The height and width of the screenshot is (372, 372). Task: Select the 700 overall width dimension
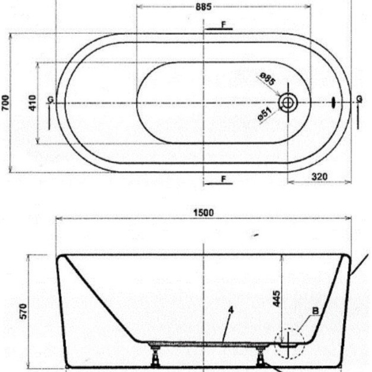pos(5,102)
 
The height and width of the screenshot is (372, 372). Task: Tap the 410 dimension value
pos(33,102)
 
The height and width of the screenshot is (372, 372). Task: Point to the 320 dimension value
pos(320,176)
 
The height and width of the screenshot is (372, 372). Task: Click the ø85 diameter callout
pos(267,79)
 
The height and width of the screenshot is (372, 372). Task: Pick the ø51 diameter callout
pos(264,114)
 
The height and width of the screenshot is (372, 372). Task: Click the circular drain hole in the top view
pos(287,102)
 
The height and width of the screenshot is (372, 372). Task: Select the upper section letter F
pos(223,24)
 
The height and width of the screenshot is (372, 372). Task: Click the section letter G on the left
pos(50,99)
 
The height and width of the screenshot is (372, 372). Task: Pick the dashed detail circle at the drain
pos(289,343)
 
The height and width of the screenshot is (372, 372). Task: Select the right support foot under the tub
pos(260,356)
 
